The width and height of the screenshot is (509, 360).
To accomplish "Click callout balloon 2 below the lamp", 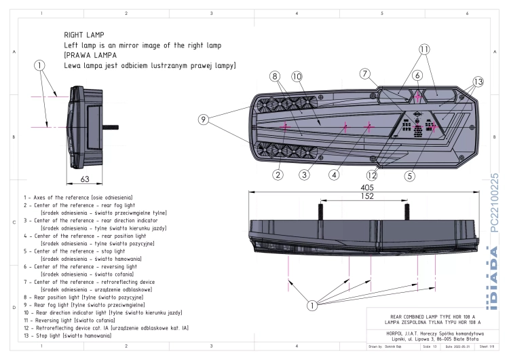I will pos(278,175).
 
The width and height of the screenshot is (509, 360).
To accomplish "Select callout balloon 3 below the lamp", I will pos(305,175).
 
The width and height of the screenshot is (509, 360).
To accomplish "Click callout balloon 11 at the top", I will pos(424,50).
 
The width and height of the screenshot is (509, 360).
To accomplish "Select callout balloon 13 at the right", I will pos(478,82).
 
